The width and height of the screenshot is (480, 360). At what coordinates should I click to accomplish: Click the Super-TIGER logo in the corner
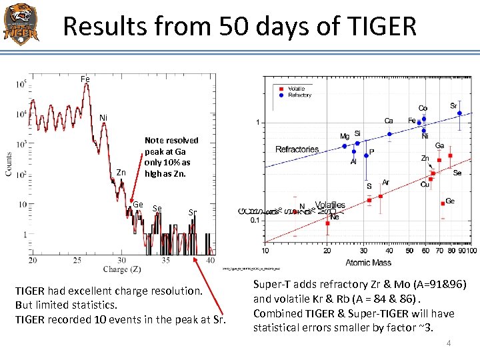click(x=21, y=23)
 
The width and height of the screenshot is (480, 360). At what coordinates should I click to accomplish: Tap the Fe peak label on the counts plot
click(x=85, y=79)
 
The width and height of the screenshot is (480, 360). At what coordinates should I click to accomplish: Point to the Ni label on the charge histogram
click(x=103, y=118)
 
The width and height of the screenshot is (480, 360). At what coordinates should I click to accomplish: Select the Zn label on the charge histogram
click(x=121, y=173)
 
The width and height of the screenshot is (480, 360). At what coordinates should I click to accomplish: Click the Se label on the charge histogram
click(x=157, y=209)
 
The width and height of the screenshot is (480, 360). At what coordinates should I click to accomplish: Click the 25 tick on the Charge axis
click(x=76, y=259)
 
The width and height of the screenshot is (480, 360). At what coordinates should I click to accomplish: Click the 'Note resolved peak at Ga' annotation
click(x=171, y=157)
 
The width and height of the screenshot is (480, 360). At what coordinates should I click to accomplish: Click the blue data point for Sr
click(x=459, y=113)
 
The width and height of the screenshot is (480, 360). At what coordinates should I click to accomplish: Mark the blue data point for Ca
click(x=389, y=133)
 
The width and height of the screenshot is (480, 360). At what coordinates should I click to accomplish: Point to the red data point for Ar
click(x=381, y=196)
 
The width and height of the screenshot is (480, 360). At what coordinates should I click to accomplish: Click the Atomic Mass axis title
click(x=368, y=262)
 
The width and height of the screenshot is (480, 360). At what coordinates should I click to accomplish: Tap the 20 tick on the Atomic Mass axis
click(x=327, y=251)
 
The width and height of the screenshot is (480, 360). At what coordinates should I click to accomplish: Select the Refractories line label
click(x=297, y=149)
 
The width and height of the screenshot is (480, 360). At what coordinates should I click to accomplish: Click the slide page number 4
click(x=449, y=343)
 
